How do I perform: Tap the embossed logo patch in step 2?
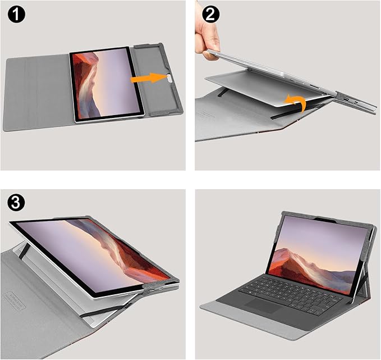(214, 115)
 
